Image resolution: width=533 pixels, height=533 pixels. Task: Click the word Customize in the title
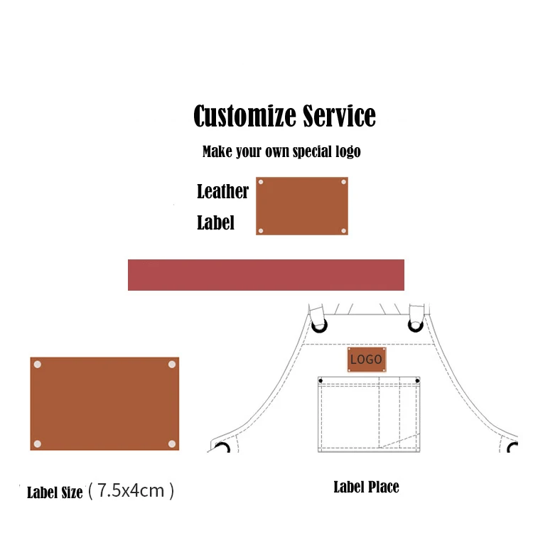pyautogui.click(x=244, y=116)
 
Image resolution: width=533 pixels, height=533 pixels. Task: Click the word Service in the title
pyautogui.click(x=339, y=116)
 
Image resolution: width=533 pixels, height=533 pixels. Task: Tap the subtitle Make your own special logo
pyautogui.click(x=281, y=151)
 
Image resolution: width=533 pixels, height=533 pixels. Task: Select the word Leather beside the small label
pyautogui.click(x=222, y=191)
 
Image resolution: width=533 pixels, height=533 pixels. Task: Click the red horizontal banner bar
pyautogui.click(x=266, y=275)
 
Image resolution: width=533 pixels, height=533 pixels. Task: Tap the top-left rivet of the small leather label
pyautogui.click(x=261, y=183)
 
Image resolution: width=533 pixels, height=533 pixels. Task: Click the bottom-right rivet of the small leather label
pyautogui.click(x=343, y=231)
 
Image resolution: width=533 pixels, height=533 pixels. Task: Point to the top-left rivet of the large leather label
pyautogui.click(x=38, y=365)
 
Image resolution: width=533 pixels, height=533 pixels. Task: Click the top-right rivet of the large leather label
pyautogui.click(x=171, y=365)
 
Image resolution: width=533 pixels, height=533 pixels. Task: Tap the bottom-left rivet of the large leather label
pyautogui.click(x=38, y=444)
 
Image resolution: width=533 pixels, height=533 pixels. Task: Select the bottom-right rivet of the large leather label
pyautogui.click(x=171, y=444)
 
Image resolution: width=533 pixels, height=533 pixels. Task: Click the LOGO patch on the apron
pyautogui.click(x=367, y=360)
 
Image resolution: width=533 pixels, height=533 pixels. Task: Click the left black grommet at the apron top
pyautogui.click(x=321, y=326)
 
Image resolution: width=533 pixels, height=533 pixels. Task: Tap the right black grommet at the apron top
pyautogui.click(x=416, y=326)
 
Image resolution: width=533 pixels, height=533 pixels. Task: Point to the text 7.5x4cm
pyautogui.click(x=131, y=490)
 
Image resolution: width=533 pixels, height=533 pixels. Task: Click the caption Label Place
pyautogui.click(x=366, y=487)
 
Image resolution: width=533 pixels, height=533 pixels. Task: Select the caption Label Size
pyautogui.click(x=55, y=492)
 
